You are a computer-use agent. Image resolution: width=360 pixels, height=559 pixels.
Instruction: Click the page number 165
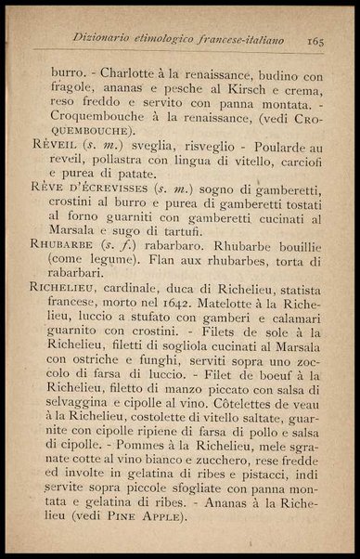(x=311, y=40)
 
